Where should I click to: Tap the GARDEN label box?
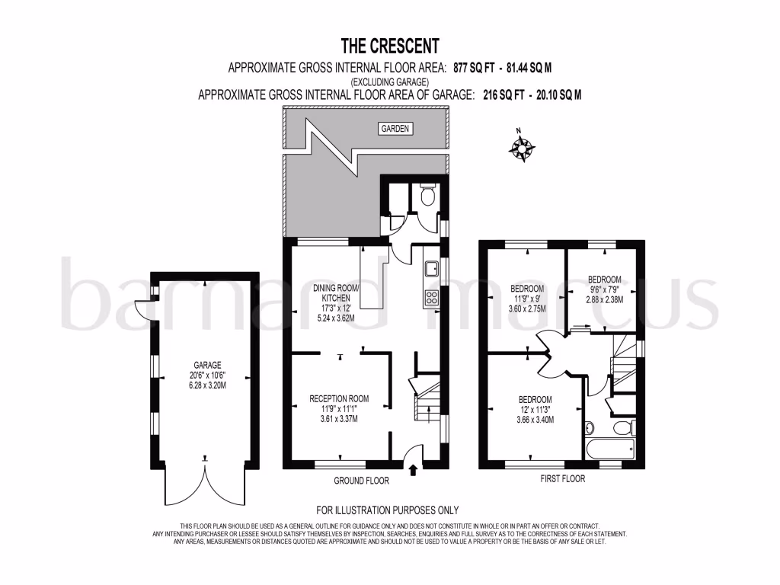pyautogui.click(x=395, y=129)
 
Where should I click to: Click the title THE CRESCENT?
pyautogui.click(x=389, y=46)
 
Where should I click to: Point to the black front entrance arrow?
pyautogui.click(x=414, y=469)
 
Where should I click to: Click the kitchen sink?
pyautogui.click(x=431, y=268)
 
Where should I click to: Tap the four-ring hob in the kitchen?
pyautogui.click(x=431, y=297)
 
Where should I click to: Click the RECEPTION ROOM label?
pyautogui.click(x=339, y=398)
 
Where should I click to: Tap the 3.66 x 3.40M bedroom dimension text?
pyautogui.click(x=535, y=420)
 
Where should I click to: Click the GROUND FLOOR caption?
pyautogui.click(x=361, y=481)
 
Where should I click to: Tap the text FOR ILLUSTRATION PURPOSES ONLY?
pyautogui.click(x=388, y=510)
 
